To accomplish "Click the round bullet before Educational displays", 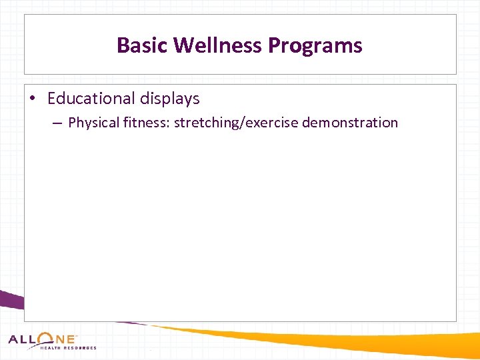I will [33, 99].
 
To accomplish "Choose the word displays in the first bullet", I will [169, 99].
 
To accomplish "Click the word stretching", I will [202, 123].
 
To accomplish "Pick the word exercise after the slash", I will [267, 123].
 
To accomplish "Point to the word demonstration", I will [350, 123].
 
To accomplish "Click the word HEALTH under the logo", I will [51, 348].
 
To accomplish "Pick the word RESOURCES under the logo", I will [80, 348].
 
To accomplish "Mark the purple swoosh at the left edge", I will [10, 301].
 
